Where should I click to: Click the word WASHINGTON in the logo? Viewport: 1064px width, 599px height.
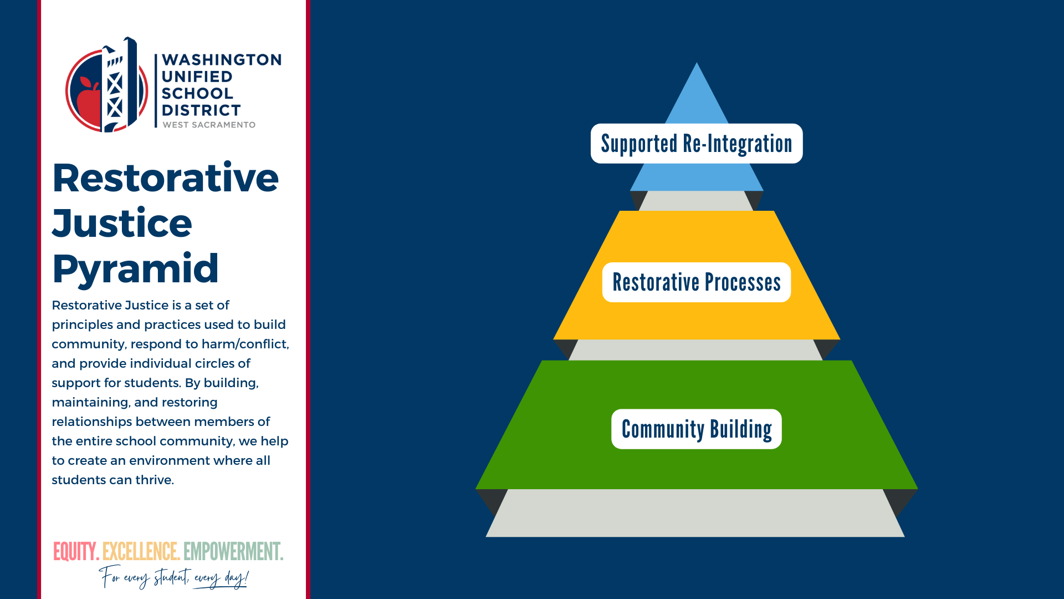pyautogui.click(x=221, y=60)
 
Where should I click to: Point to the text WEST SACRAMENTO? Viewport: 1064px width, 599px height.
pyautogui.click(x=209, y=125)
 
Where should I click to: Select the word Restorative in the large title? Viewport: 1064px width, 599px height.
pyautogui.click(x=165, y=178)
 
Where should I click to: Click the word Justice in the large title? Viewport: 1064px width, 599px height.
pyautogui.click(x=122, y=224)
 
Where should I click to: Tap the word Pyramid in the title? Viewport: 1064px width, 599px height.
pyautogui.click(x=135, y=269)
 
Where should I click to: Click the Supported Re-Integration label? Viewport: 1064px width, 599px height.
pyautogui.click(x=696, y=144)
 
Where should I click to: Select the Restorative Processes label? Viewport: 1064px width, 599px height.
pyautogui.click(x=696, y=282)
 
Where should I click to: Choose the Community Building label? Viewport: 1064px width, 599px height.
pyautogui.click(x=696, y=429)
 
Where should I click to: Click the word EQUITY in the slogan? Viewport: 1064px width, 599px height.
pyautogui.click(x=75, y=552)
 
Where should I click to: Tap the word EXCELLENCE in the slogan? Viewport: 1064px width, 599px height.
pyautogui.click(x=141, y=552)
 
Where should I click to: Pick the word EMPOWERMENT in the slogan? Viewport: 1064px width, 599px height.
pyautogui.click(x=233, y=552)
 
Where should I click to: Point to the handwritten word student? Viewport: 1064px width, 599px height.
pyautogui.click(x=171, y=578)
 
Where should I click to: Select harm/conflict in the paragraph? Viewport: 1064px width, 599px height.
pyautogui.click(x=245, y=344)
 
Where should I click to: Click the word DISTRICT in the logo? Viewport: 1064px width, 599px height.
pyautogui.click(x=201, y=110)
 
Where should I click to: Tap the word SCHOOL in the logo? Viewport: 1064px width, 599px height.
pyautogui.click(x=197, y=94)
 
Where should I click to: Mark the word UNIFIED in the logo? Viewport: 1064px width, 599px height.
pyautogui.click(x=197, y=77)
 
